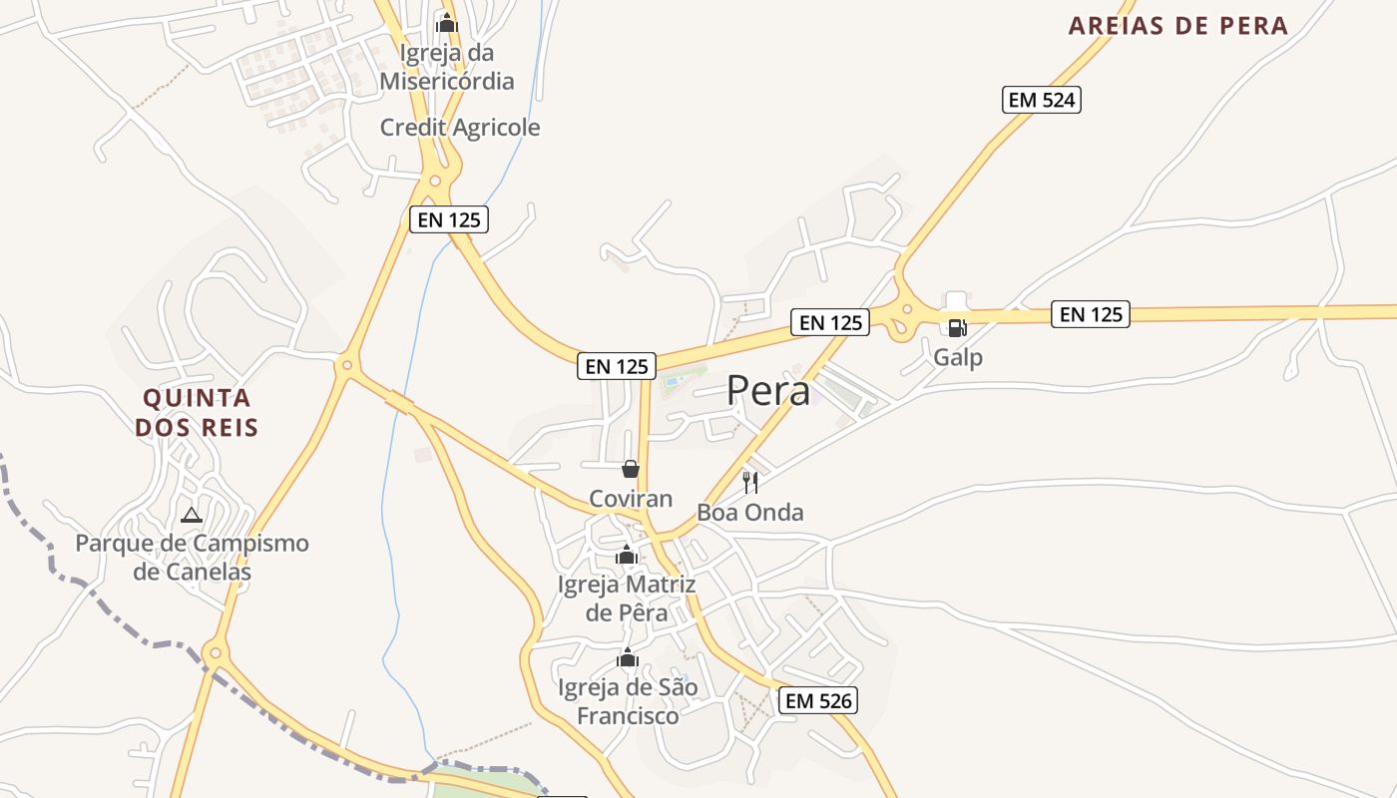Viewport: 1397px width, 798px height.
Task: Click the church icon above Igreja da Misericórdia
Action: [446, 22]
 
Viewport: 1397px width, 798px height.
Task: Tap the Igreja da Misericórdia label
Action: [447, 67]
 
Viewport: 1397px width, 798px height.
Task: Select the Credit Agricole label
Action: [460, 128]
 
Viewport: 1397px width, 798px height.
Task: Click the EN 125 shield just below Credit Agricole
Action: [449, 219]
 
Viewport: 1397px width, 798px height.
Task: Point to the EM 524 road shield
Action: [1042, 100]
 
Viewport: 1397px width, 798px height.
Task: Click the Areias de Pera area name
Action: [1178, 26]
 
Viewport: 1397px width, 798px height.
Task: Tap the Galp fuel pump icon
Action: [957, 327]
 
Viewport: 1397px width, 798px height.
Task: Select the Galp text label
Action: [958, 357]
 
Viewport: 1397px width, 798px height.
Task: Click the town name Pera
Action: [768, 391]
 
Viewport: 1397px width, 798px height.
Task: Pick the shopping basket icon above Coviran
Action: [631, 469]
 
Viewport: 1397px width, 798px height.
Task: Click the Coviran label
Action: [631, 499]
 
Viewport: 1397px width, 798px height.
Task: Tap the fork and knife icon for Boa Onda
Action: [750, 484]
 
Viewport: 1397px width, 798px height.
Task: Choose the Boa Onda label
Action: [750, 513]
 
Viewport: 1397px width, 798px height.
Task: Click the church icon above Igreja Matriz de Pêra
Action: [627, 556]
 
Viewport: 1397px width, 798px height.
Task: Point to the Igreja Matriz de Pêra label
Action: [627, 598]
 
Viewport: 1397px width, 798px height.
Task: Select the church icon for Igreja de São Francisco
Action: [628, 658]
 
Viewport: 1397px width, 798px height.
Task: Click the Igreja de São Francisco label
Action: [628, 701]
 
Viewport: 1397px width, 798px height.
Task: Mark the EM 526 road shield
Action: [819, 700]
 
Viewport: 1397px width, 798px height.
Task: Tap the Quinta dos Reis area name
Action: [197, 413]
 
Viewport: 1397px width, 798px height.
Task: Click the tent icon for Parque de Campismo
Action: [192, 516]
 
